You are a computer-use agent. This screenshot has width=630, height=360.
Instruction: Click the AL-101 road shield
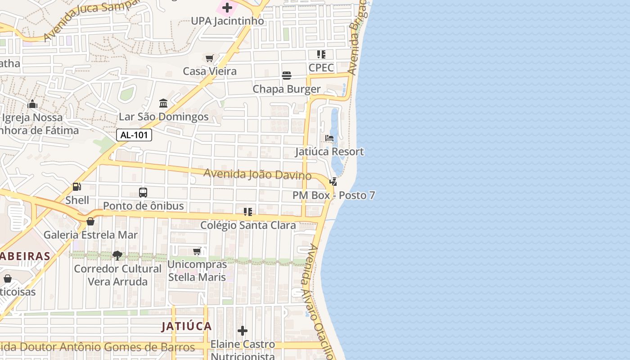[134, 135]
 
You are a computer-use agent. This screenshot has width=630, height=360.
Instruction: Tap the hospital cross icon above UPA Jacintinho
[227, 8]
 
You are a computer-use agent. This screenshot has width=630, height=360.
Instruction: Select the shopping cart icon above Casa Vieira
[209, 58]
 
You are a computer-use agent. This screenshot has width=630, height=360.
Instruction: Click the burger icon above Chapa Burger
[287, 76]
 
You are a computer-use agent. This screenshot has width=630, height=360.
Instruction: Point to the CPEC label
[321, 68]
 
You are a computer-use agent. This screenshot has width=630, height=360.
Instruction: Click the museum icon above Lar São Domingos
[163, 103]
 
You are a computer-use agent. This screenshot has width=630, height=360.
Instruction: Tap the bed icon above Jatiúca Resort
[329, 138]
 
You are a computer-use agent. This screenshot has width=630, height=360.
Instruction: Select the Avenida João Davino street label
[257, 174]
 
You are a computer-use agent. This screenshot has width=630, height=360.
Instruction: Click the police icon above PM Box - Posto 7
[333, 182]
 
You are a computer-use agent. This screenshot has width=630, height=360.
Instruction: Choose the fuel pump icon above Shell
[77, 187]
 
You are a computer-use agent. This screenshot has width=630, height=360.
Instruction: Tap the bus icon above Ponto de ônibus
[143, 193]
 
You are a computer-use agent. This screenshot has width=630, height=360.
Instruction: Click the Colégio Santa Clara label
[248, 225]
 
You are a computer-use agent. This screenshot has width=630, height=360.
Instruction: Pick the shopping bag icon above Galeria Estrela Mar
[90, 221]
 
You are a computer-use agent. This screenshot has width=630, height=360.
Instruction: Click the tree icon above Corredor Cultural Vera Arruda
[117, 256]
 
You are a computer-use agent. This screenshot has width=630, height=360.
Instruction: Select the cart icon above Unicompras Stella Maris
[197, 251]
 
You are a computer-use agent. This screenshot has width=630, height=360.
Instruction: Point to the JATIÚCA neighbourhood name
[186, 326]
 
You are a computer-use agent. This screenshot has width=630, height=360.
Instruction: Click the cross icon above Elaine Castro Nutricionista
[243, 331]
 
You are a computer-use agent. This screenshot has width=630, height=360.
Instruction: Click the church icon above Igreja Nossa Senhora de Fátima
[32, 104]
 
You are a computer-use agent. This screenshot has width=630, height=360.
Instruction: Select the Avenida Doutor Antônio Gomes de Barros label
[97, 347]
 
